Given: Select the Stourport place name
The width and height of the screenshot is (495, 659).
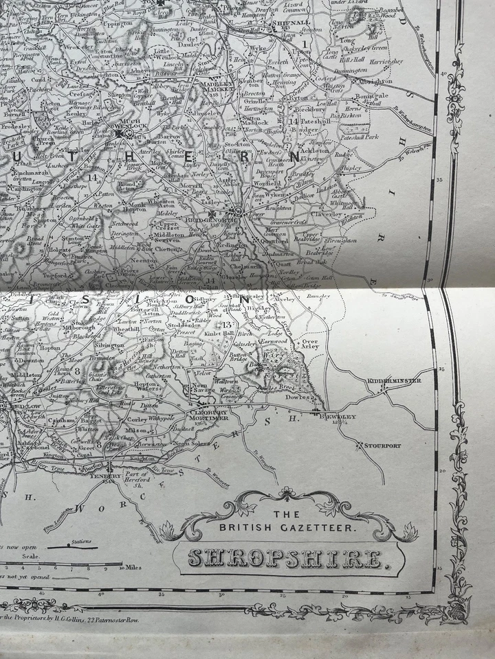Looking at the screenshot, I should click(383, 446).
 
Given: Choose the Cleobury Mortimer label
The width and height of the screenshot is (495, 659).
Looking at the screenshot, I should click(207, 414).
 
